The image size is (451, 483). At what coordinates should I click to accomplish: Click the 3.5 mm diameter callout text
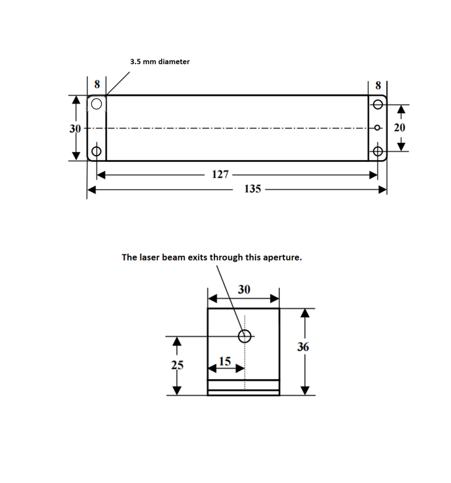coord(160,62)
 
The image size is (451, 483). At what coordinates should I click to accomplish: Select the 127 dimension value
coord(220,175)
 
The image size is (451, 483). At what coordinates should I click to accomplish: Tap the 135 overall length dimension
coord(252,189)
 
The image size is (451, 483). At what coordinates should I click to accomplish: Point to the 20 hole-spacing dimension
coord(399,128)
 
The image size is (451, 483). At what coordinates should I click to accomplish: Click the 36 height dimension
coord(303,347)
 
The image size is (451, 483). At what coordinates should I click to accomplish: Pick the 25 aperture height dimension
coord(177,365)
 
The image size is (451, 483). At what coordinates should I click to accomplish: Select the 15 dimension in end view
coord(225,361)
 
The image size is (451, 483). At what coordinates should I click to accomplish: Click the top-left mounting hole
coord(96,104)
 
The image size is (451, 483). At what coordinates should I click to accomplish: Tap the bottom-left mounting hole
coord(96,151)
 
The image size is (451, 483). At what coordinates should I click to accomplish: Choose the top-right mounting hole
coord(378,105)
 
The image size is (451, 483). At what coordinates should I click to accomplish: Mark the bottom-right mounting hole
coord(378,151)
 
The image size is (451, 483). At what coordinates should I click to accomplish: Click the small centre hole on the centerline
coord(377,128)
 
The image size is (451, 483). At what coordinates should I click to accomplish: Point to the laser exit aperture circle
coord(245,336)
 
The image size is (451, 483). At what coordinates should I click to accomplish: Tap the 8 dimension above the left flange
coord(97,84)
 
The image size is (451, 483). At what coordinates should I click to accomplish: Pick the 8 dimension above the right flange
coord(378,85)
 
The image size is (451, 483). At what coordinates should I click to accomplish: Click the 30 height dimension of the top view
coord(75,129)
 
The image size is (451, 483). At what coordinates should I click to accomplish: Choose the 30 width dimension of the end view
coord(244,289)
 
